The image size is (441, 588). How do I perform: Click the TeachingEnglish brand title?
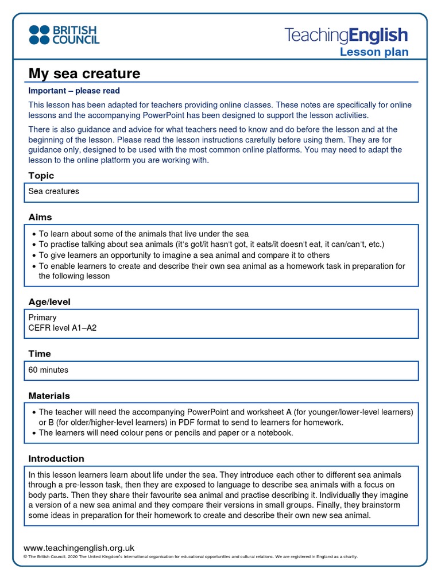(x=346, y=36)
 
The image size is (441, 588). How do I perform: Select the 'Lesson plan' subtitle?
(x=374, y=52)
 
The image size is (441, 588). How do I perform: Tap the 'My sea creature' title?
(x=84, y=73)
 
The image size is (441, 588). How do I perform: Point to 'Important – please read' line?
(x=74, y=91)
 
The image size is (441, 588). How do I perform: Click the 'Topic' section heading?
(x=41, y=176)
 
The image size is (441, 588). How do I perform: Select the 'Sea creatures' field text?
(x=54, y=191)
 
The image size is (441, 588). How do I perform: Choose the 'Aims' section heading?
(x=40, y=217)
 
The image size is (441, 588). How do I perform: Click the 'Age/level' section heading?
(x=49, y=301)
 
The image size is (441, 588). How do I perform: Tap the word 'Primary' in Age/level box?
(x=42, y=317)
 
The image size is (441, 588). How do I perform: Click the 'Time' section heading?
(x=40, y=354)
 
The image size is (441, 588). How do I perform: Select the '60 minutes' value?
(x=48, y=370)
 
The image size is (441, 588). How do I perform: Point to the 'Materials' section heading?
(x=49, y=396)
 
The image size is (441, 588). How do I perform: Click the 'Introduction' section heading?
(x=56, y=459)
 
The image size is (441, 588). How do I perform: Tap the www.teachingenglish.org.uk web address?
(x=79, y=548)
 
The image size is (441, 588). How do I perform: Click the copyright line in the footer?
(x=189, y=556)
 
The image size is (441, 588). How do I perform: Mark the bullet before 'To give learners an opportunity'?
(x=34, y=256)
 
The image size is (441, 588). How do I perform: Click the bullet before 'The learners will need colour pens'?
(x=34, y=433)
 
